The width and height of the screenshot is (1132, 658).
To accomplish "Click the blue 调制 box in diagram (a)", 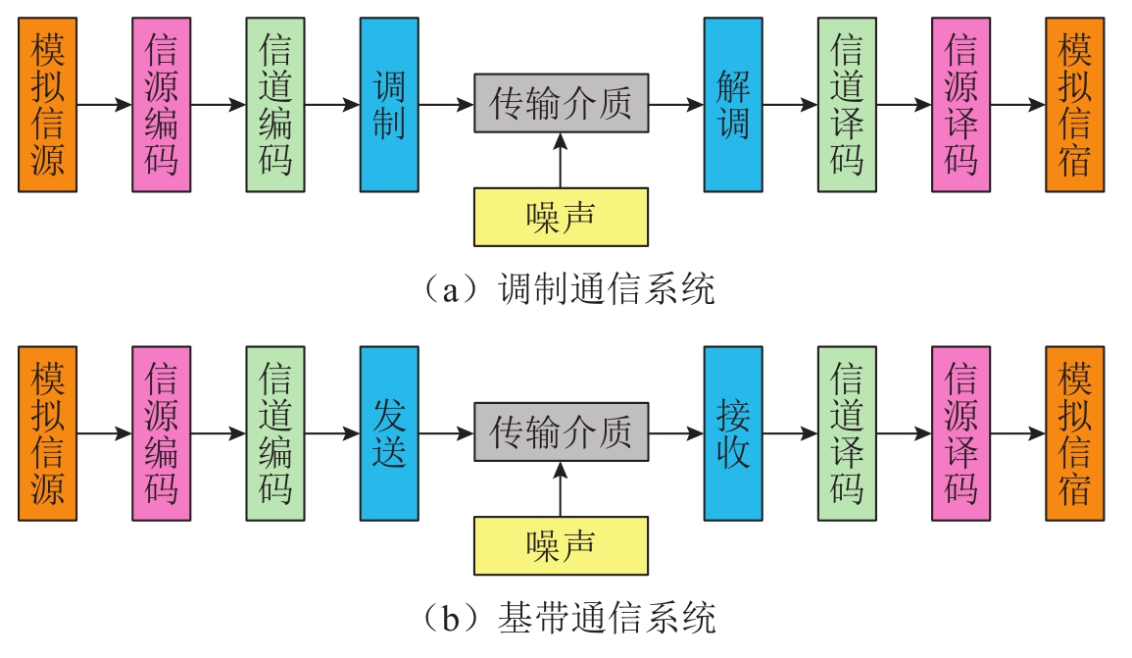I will click(x=389, y=104).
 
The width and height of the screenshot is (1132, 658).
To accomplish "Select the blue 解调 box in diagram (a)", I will click(x=733, y=104).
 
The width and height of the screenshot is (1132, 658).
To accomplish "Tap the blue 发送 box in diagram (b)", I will click(x=389, y=432).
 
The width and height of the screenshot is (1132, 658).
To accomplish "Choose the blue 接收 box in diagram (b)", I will click(x=733, y=432).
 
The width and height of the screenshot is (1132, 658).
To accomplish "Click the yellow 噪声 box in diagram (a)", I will click(x=561, y=217).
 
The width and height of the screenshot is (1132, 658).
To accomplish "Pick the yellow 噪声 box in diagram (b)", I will click(x=561, y=545).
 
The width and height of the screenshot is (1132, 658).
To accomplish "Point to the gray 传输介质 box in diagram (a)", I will click(x=561, y=103).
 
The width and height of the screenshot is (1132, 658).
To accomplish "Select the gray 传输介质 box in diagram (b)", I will click(x=561, y=431).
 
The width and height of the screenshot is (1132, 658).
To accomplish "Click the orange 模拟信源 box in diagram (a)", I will click(x=47, y=104).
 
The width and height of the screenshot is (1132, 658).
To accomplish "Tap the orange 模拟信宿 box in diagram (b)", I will click(x=1075, y=432).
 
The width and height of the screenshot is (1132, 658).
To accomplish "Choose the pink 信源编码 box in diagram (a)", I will click(x=162, y=104).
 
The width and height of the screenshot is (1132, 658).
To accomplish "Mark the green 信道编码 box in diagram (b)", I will click(x=275, y=432).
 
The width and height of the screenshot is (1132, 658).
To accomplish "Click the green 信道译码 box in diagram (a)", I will click(x=848, y=104).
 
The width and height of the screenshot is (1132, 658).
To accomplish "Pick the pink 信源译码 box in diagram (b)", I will click(x=961, y=432).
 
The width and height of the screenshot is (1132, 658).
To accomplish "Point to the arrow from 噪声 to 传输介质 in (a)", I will click(x=561, y=161).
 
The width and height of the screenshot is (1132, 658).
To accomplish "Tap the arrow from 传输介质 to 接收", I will click(x=675, y=432).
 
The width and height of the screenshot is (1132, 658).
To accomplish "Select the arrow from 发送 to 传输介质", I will click(x=446, y=432).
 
